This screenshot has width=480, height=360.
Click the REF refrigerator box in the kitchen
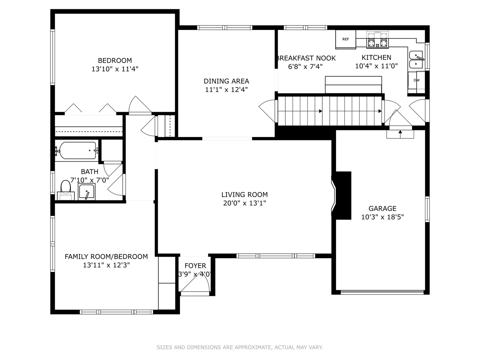(346, 39)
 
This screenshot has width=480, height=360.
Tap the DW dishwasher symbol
(417, 80)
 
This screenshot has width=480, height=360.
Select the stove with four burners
(378, 40)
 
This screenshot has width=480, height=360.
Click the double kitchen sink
(416, 60)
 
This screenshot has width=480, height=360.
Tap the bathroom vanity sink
(87, 192)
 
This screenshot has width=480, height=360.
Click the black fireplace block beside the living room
(342, 195)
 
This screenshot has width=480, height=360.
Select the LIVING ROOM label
(244, 195)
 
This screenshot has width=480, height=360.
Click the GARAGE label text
(382, 209)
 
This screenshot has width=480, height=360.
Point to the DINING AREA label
(226, 81)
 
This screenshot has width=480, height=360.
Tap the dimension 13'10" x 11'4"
(115, 69)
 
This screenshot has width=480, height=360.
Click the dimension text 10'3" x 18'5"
(382, 217)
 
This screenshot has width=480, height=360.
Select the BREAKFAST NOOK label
(306, 58)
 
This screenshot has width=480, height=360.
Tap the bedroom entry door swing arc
(140, 105)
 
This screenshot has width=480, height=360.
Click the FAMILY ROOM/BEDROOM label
(106, 256)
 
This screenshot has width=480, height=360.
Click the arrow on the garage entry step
(400, 134)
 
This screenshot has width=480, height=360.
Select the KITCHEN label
(376, 57)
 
